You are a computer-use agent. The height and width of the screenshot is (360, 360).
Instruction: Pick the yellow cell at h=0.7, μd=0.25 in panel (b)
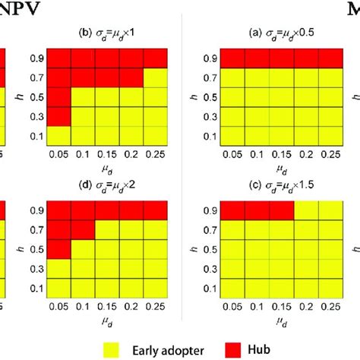point(154,77)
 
